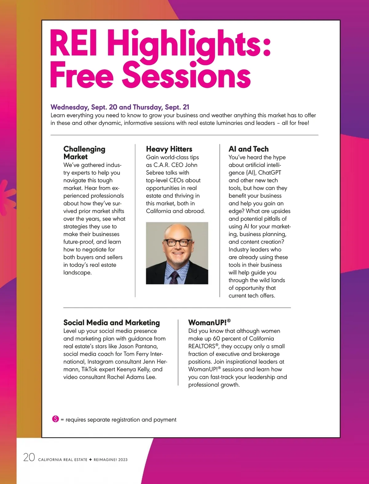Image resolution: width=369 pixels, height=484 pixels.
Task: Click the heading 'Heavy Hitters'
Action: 169,149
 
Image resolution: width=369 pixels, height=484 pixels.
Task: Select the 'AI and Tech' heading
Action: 248,149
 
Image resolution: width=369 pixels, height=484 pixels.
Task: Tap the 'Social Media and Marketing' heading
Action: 111,323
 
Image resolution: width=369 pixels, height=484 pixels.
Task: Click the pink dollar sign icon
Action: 55,419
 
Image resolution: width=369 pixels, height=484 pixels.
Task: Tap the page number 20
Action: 29,457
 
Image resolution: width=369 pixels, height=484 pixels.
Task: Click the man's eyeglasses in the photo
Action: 177,242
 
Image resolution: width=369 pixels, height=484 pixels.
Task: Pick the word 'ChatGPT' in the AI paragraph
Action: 269,173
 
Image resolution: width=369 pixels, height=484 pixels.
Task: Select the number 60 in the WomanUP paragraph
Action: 216,339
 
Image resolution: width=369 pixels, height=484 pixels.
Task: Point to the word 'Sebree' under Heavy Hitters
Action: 156,173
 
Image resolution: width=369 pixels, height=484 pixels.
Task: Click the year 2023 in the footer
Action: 123,460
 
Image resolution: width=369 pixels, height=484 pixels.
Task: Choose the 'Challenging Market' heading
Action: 84,153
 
